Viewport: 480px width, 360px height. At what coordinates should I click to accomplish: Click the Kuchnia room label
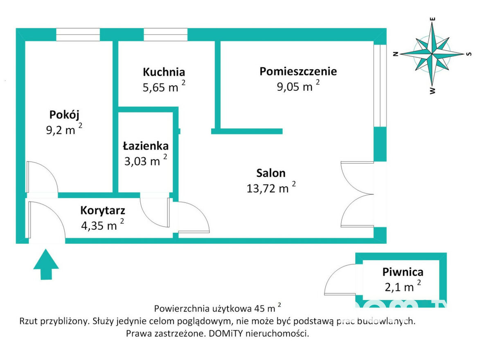click(x=164, y=72)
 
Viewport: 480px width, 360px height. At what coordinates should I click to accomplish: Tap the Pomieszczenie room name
click(x=298, y=71)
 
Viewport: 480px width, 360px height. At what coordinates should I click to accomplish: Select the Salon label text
click(x=271, y=173)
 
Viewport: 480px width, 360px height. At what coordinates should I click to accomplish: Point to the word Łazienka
click(x=146, y=146)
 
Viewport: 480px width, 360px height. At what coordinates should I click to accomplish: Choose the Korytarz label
click(x=103, y=211)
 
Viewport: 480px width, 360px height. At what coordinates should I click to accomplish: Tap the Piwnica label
click(x=403, y=272)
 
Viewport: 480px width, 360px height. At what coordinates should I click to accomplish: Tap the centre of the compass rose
click(x=433, y=54)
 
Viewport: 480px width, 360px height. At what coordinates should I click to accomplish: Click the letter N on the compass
click(x=396, y=54)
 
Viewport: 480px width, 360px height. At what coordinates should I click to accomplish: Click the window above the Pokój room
click(x=78, y=35)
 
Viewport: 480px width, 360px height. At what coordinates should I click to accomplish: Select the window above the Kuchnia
click(x=165, y=35)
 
